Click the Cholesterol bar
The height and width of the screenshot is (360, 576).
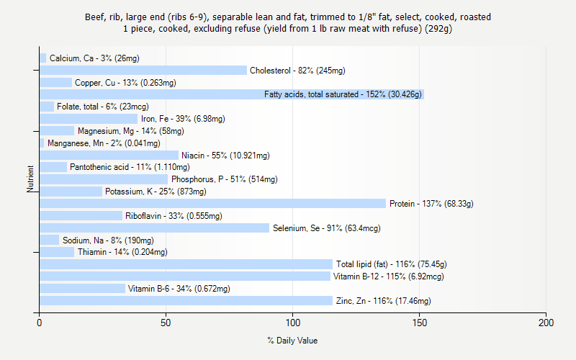click(143, 71)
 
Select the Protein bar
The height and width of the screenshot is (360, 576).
click(212, 204)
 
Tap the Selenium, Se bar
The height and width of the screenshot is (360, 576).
click(154, 228)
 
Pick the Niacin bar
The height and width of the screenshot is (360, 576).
click(109, 156)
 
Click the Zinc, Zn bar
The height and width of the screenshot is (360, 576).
click(186, 301)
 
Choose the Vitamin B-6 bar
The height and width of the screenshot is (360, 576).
click(82, 289)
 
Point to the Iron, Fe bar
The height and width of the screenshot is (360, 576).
click(89, 119)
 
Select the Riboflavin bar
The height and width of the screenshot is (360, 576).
click(81, 216)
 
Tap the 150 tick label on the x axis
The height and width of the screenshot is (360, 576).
click(420, 323)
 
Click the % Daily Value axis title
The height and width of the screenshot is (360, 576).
click(292, 341)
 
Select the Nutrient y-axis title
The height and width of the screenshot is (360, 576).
click(30, 179)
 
